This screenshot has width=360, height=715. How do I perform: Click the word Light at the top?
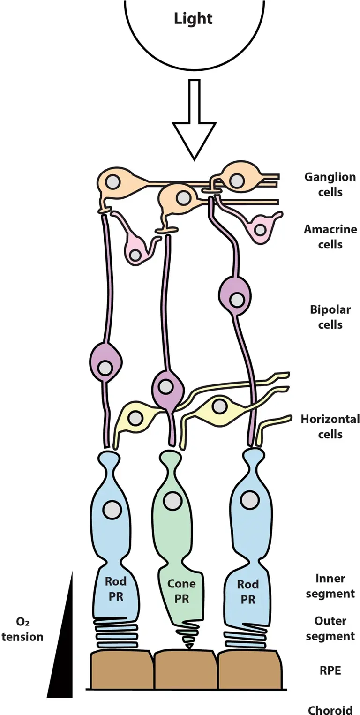pos(193,19)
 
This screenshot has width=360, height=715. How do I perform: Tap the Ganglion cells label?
pos(330,185)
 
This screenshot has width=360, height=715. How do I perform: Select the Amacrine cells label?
pos(330,237)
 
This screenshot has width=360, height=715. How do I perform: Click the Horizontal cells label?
pos(330,426)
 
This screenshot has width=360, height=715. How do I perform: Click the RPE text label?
pos(330,670)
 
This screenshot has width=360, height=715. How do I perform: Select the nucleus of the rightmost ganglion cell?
pos(237,179)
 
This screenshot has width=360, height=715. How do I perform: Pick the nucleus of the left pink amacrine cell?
pos(136,255)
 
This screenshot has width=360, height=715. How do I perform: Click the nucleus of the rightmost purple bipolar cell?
pos(237,299)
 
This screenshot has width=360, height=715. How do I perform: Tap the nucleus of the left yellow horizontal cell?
pos(136,417)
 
